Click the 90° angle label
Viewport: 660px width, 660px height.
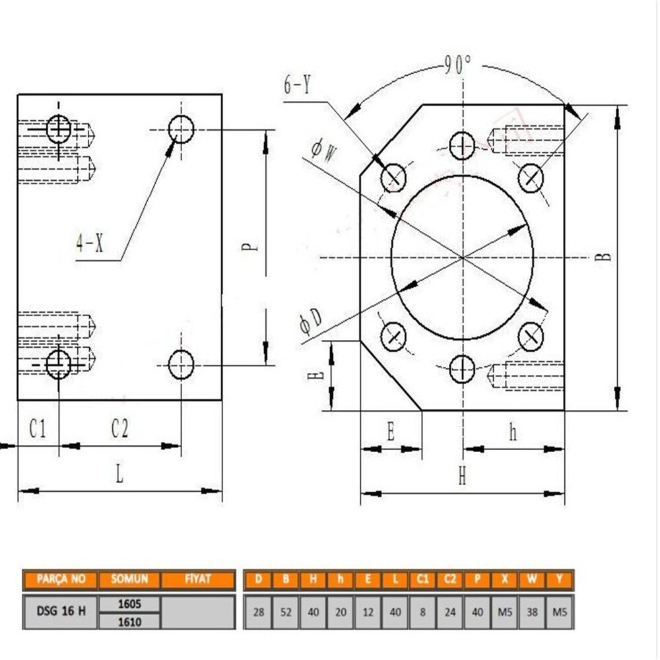(457, 64)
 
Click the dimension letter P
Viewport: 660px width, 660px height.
(249, 247)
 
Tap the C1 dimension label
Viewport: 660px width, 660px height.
(38, 430)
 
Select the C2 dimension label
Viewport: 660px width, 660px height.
(119, 430)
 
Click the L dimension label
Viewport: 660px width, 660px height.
(119, 475)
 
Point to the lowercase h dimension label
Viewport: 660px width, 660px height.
(513, 432)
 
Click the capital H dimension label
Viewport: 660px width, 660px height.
(462, 477)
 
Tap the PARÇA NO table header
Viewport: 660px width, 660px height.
(61, 579)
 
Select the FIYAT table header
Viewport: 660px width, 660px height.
(198, 579)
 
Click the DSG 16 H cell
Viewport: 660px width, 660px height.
(61, 611)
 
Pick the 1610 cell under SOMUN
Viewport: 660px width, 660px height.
(129, 621)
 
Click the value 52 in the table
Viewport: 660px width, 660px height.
(286, 612)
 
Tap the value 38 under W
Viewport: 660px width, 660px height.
(532, 612)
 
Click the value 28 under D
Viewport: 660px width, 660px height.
(259, 612)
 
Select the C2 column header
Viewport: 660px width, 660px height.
(449, 579)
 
